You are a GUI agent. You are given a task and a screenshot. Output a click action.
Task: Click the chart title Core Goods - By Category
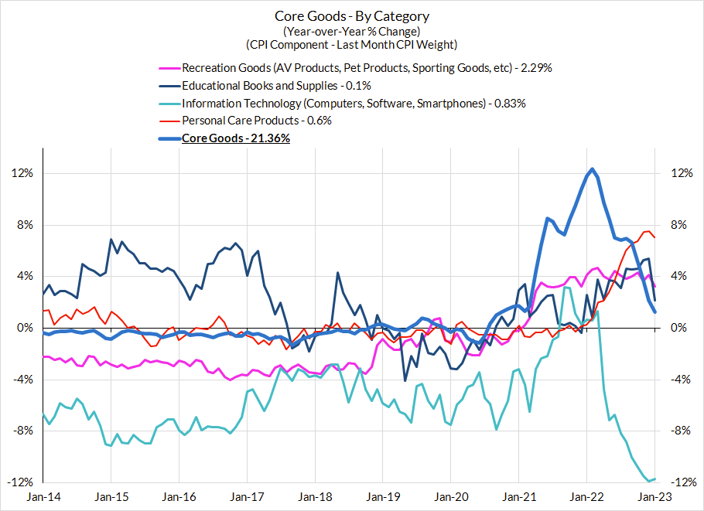[x=351, y=16]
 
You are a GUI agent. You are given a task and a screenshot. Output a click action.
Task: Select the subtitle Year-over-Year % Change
[x=351, y=31]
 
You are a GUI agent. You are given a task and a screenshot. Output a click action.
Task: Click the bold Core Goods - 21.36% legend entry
[x=236, y=138]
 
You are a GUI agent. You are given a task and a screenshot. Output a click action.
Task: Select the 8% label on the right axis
[x=677, y=225]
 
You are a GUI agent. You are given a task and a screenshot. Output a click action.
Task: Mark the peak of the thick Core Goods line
[x=592, y=169]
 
